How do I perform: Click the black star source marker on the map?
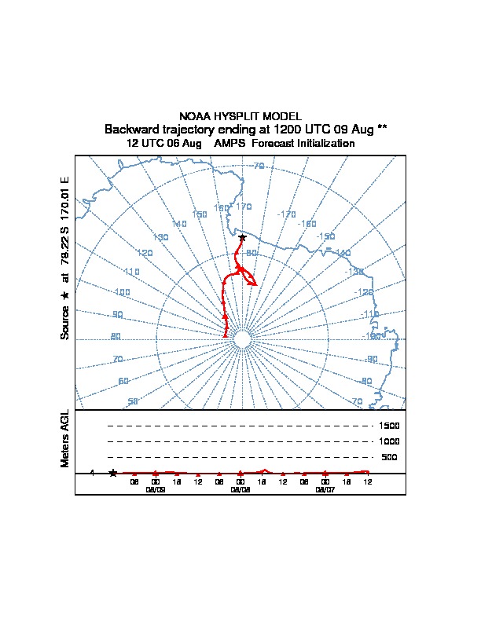pyautogui.click(x=242, y=237)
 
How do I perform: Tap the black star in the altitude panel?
pyautogui.click(x=113, y=473)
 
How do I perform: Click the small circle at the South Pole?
pyautogui.click(x=242, y=339)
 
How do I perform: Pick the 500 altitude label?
pyautogui.click(x=389, y=457)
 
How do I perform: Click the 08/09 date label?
pyautogui.click(x=156, y=488)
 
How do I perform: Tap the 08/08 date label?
pyautogui.click(x=240, y=488)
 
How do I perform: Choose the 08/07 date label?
pyautogui.click(x=325, y=488)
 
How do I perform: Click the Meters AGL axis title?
pyautogui.click(x=65, y=438)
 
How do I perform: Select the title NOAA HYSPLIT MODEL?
pyautogui.click(x=240, y=116)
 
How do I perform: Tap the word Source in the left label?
pyautogui.click(x=65, y=322)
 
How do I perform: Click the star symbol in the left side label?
pyautogui.click(x=65, y=295)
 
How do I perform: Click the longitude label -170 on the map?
pyautogui.click(x=287, y=214)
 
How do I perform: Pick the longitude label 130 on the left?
pyautogui.click(x=160, y=237)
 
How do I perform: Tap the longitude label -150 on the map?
pyautogui.click(x=325, y=236)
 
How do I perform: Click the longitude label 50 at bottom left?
pyautogui.click(x=133, y=401)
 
